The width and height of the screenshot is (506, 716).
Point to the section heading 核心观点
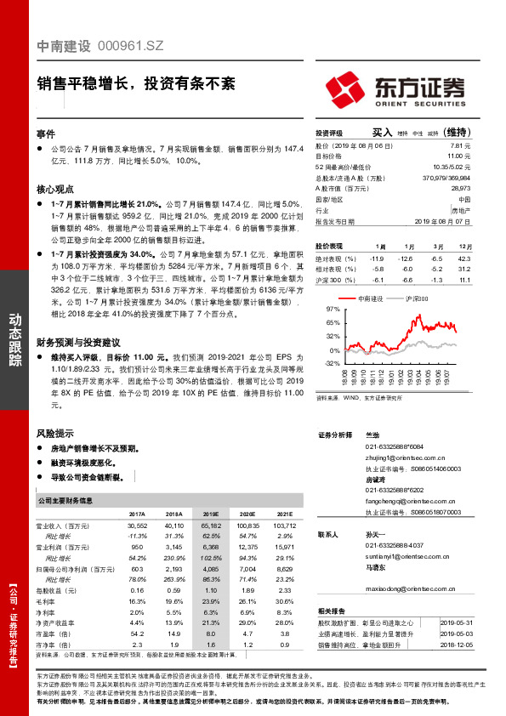point(54,190)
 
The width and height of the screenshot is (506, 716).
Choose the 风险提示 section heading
point(54,433)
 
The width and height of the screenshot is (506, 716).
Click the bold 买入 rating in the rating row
point(382,133)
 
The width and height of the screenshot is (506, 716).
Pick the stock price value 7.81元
point(459,145)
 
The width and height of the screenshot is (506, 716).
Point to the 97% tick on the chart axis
point(333,309)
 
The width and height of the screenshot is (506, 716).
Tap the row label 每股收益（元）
point(67,589)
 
